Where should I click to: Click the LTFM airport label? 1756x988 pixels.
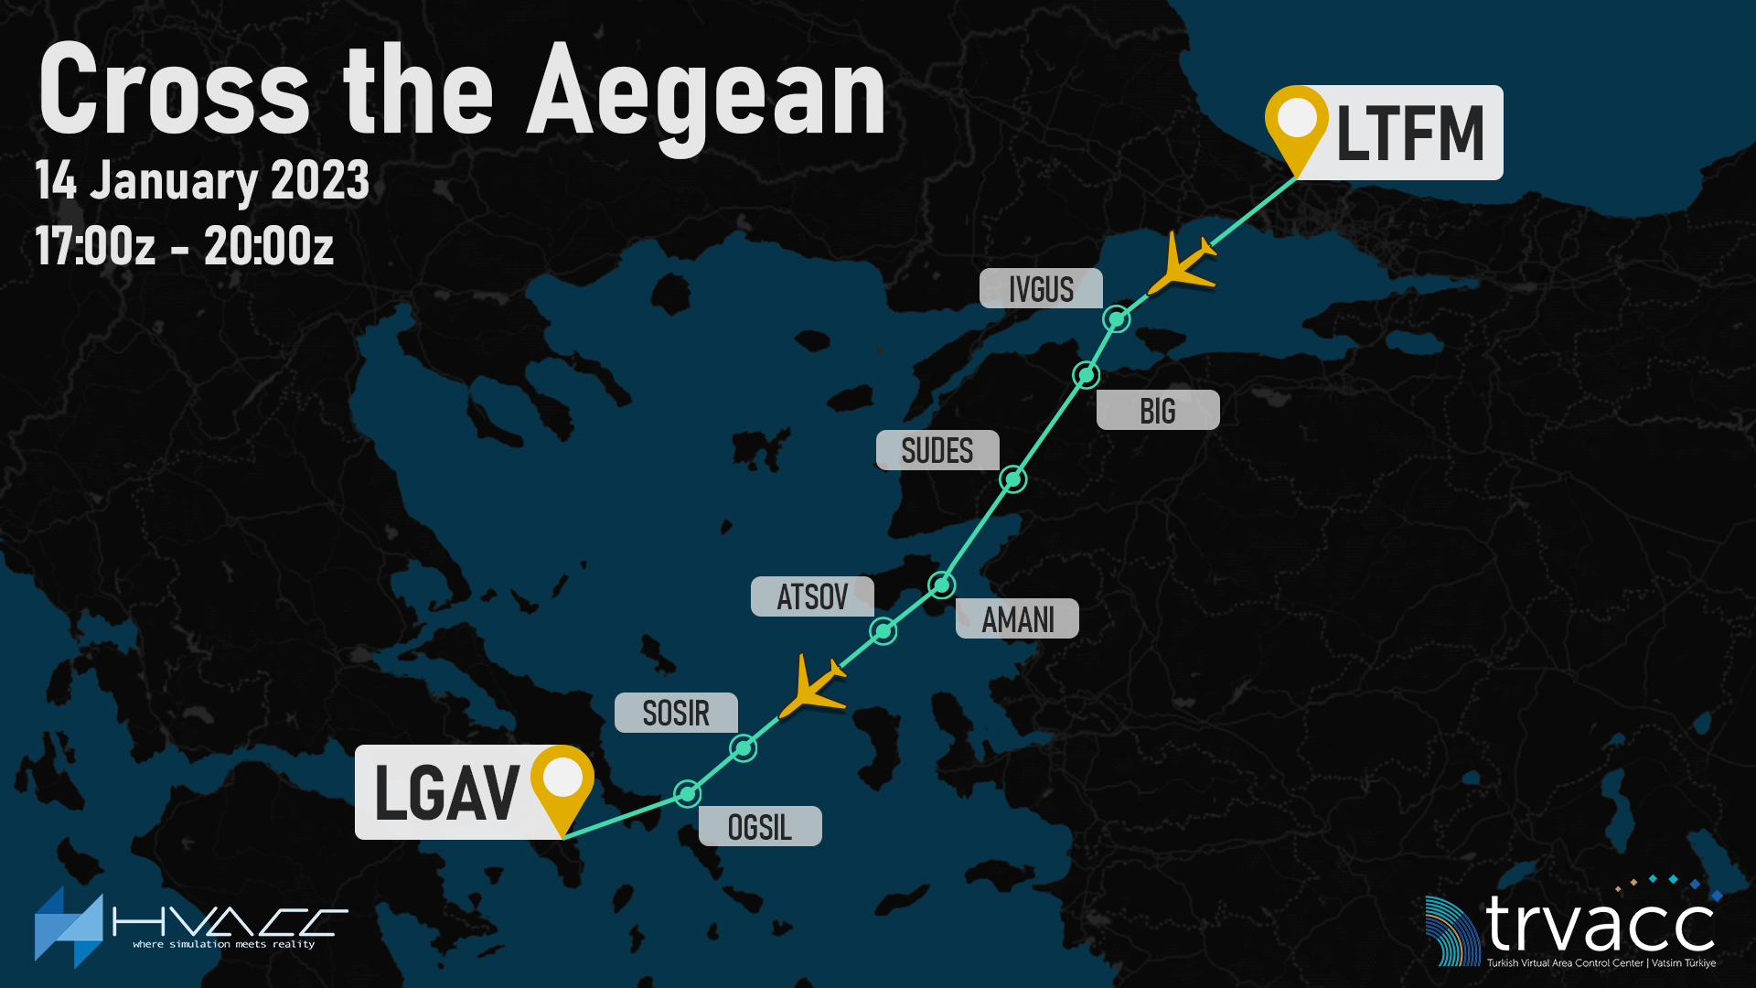[x=1409, y=134]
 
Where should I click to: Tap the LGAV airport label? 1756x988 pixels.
[x=446, y=793]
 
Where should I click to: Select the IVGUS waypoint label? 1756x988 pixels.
[x=1041, y=289]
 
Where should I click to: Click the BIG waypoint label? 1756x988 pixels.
[x=1158, y=411]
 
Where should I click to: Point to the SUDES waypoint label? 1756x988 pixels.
[x=937, y=451]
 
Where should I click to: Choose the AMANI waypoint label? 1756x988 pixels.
[x=1017, y=619]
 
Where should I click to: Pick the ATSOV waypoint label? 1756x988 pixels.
[x=812, y=597]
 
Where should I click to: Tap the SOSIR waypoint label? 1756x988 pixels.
[x=676, y=713]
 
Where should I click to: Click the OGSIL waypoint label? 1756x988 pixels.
[x=760, y=827]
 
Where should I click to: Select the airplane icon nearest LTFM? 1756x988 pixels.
[x=1181, y=263]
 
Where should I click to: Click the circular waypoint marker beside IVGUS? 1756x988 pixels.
[x=1117, y=319]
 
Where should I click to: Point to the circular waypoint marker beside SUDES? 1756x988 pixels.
[x=1013, y=479]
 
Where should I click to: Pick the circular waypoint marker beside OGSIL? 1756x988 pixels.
[x=687, y=793]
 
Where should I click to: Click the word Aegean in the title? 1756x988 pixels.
[x=706, y=91]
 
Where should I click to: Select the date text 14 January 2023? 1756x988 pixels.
[x=202, y=180]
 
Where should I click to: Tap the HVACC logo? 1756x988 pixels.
[x=190, y=927]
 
